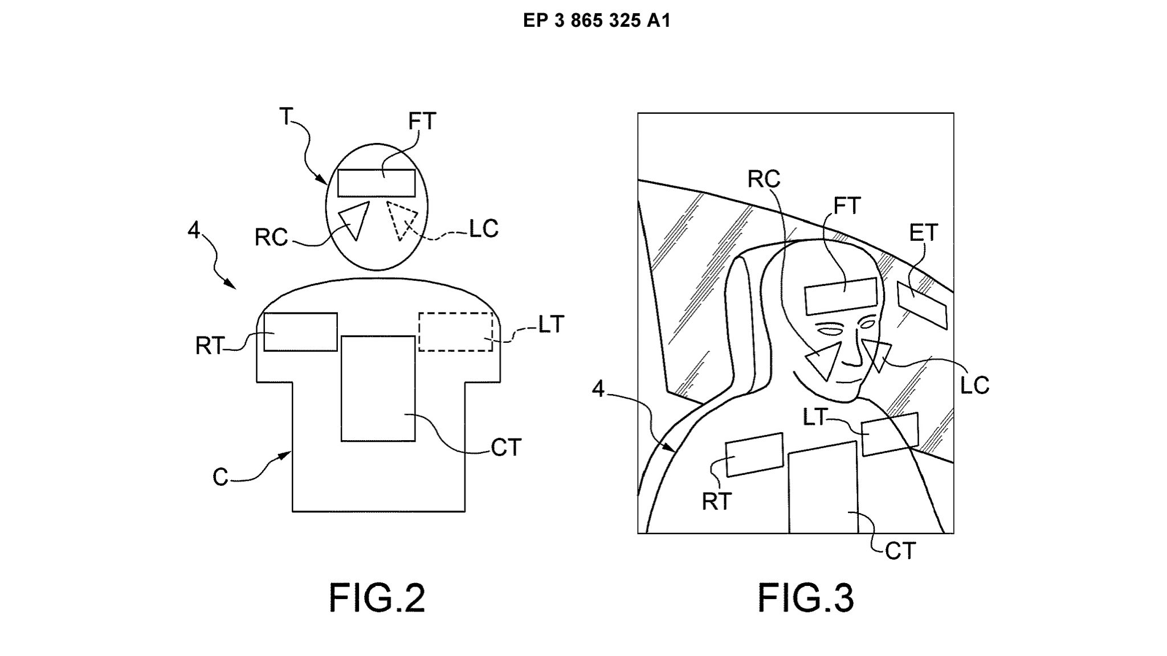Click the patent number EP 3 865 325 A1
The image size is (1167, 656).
tap(597, 21)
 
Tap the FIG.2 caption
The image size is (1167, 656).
tap(377, 598)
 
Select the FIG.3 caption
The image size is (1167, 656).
tap(805, 598)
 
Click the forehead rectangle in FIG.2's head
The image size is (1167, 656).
tap(376, 183)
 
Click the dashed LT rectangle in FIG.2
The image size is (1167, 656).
tap(456, 331)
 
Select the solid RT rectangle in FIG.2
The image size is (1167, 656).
tap(300, 332)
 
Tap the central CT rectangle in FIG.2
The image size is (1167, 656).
tap(378, 388)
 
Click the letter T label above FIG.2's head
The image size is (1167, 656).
tap(286, 117)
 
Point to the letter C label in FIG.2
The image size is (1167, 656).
tap(220, 477)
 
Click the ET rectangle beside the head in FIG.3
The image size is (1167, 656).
tap(922, 305)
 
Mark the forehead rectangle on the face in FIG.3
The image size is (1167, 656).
tap(840, 296)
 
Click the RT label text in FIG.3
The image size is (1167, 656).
tap(716, 502)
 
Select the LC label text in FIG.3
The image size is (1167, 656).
tap(974, 386)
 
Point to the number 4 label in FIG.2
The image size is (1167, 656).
tap(194, 231)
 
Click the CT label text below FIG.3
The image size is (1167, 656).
tap(900, 551)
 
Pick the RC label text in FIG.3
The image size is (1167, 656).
tap(764, 180)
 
